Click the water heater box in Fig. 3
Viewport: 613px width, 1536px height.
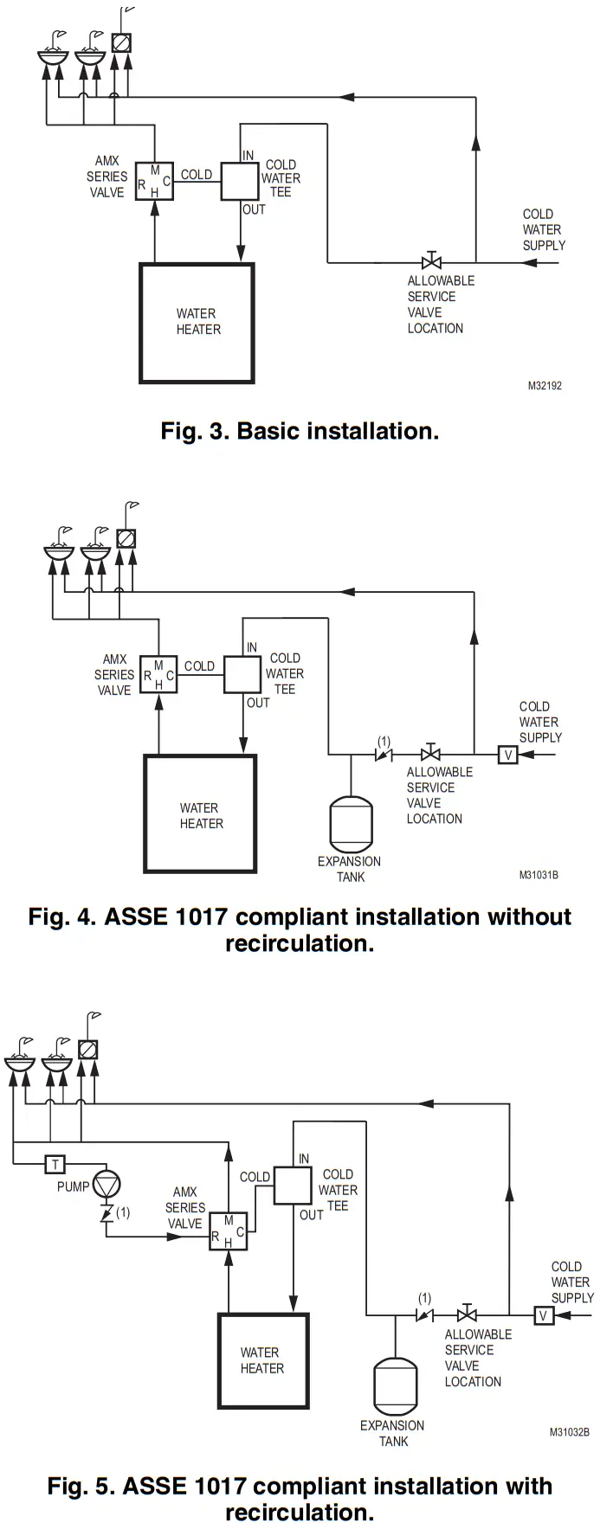[x=197, y=323]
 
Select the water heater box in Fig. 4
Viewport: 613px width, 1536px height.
[x=200, y=814]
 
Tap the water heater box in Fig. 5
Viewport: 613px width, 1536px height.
[x=262, y=1360]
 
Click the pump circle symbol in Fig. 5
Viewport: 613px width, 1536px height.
[x=106, y=1184]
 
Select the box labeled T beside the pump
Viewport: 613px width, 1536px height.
[x=55, y=1164]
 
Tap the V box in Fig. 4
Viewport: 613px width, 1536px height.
[x=508, y=755]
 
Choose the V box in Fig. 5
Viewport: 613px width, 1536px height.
[x=543, y=1315]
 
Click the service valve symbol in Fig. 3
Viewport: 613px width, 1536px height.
[x=431, y=260]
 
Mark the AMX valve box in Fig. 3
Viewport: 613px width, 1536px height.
[x=154, y=180]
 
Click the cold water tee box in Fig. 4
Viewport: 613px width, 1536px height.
[x=242, y=674]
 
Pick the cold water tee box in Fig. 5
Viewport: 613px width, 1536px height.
[x=293, y=1185]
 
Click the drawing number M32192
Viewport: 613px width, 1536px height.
[x=545, y=386]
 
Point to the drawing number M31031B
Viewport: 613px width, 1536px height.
[x=539, y=875]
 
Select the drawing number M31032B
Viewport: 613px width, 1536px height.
[x=569, y=1432]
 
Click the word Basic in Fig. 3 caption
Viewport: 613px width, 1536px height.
[x=268, y=431]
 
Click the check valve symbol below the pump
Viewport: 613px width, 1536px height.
[x=106, y=1213]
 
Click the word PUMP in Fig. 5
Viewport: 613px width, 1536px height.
[x=73, y=1186]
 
